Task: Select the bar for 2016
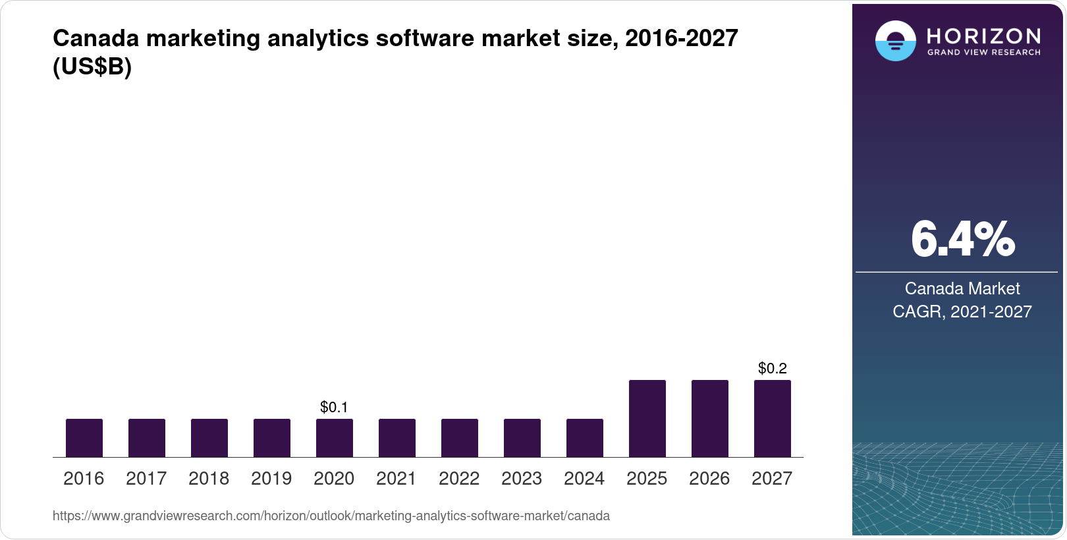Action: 84,438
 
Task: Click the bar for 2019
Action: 272,438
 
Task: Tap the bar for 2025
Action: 647,419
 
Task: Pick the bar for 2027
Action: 773,419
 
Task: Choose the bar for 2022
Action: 460,438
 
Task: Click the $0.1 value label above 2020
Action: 334,407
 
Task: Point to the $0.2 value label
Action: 773,368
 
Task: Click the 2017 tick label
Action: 146,478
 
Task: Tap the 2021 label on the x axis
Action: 397,478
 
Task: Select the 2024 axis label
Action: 584,478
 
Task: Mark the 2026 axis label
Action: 709,478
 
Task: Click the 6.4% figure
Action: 962,240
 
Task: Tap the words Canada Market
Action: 962,288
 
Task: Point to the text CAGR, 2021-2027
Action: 962,311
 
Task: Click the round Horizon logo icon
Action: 895,41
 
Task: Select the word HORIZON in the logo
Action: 983,36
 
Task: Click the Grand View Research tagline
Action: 983,52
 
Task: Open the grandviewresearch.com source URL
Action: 331,516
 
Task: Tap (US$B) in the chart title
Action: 92,67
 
